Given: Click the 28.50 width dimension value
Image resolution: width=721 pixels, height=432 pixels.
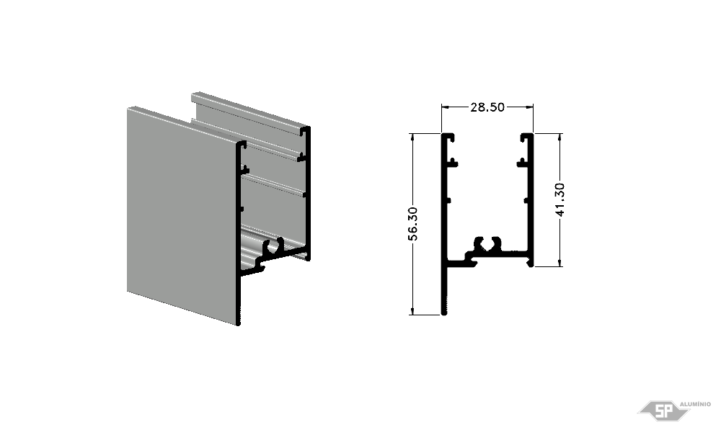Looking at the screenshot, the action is (487, 107).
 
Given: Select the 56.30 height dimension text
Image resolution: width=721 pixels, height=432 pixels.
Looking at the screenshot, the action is (413, 224).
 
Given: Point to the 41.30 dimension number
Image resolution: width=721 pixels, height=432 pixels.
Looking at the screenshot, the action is (559, 199).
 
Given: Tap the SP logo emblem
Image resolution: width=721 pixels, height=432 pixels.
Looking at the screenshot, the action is (663, 410).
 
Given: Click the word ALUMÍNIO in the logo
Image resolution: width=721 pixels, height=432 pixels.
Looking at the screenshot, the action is (695, 404).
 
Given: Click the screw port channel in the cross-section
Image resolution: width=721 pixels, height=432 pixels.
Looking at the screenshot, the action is (487, 244).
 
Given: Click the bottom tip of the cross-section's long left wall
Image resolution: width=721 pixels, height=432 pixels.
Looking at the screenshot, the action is (444, 314).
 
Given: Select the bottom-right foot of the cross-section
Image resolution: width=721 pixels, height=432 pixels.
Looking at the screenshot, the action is (530, 263).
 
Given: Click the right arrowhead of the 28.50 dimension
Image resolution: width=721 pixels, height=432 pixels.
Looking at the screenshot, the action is (530, 107).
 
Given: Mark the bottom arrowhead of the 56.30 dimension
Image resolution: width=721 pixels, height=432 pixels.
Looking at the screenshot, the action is (413, 311).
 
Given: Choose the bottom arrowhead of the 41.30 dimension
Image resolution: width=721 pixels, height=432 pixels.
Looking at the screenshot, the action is (559, 263).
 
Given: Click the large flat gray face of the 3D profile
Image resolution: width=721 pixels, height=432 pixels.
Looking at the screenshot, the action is (182, 213).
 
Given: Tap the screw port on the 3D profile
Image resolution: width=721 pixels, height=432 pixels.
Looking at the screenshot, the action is (273, 246).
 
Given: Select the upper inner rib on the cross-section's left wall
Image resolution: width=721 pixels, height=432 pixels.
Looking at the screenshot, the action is (453, 162).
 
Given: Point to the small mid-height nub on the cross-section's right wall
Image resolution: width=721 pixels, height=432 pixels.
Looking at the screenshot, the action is (526, 200).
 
